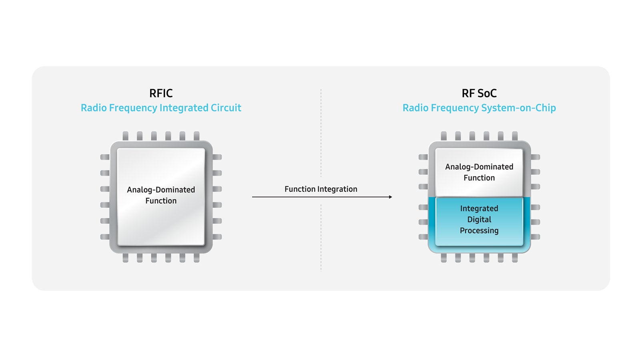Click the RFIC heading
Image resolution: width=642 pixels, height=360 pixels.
pos(161,93)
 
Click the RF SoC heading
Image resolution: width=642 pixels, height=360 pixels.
pos(479,93)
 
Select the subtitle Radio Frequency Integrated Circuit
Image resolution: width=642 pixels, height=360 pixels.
pos(161,108)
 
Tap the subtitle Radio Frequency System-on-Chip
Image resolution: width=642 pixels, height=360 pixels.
pos(479,108)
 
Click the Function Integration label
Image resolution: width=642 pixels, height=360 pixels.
pos(321,189)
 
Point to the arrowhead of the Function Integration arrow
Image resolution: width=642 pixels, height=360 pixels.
pos(390,197)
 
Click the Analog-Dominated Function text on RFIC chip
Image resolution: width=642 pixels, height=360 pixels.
pos(161,195)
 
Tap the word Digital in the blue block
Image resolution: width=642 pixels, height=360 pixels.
pos(479,220)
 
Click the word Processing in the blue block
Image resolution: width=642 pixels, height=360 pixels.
pos(479,231)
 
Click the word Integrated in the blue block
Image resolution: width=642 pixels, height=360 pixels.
pos(479,208)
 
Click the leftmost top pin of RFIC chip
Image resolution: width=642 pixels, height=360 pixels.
pos(125,136)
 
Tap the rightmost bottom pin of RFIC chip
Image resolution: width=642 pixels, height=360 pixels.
pos(197,258)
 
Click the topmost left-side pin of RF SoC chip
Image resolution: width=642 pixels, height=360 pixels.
pos(423,157)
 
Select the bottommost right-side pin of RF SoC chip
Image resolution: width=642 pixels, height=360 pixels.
pos(536,237)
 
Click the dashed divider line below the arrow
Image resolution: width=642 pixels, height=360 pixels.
pos(321,236)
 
